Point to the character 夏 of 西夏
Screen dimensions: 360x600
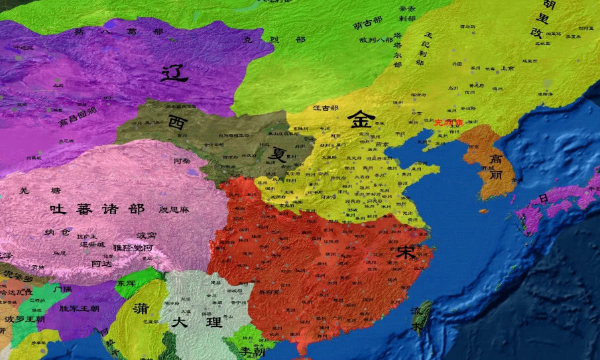(276, 154)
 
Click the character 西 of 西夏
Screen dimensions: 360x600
(177, 122)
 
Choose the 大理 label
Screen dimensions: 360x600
(187, 322)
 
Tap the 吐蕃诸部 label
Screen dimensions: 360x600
(97, 209)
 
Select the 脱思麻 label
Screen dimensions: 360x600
(174, 210)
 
